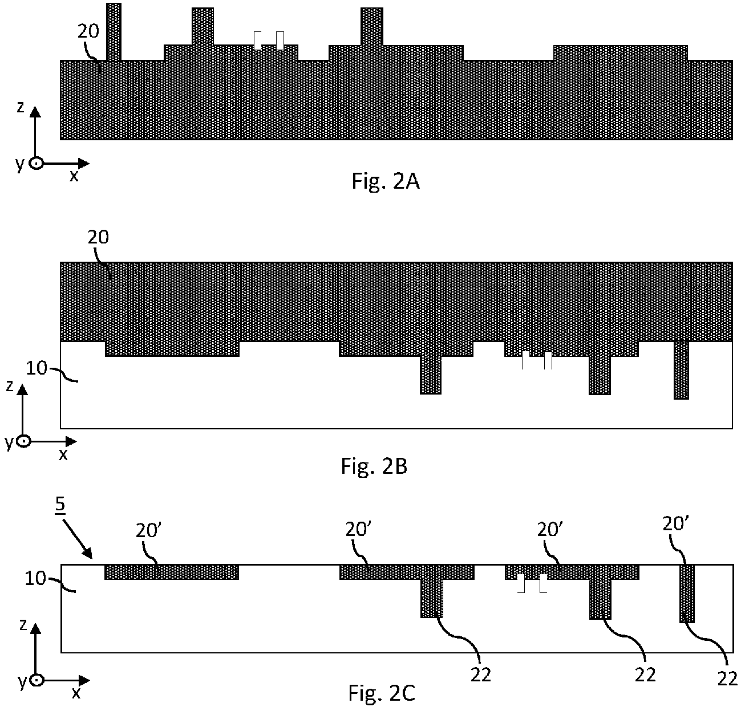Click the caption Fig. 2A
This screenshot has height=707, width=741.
pyautogui.click(x=385, y=181)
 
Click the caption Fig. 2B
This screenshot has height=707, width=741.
pyautogui.click(x=374, y=466)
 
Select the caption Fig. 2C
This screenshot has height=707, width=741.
pyautogui.click(x=382, y=693)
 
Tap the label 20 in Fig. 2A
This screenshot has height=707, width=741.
pyautogui.click(x=88, y=31)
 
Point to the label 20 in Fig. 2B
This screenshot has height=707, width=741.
pyautogui.click(x=98, y=237)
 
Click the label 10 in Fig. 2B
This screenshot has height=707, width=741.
pyautogui.click(x=36, y=368)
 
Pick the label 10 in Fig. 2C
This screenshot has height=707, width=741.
pyautogui.click(x=35, y=578)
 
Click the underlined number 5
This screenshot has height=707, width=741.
pyautogui.click(x=60, y=504)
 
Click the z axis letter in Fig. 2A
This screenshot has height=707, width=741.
pyautogui.click(x=21, y=107)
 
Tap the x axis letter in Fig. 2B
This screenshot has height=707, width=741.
pyautogui.click(x=63, y=455)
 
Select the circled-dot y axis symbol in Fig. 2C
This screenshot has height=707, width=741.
pyautogui.click(x=37, y=680)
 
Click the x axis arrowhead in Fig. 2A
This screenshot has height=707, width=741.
pyautogui.click(x=84, y=164)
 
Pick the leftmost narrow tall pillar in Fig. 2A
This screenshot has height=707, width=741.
pyautogui.click(x=114, y=32)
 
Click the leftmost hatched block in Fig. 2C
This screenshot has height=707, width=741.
pyautogui.click(x=172, y=572)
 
